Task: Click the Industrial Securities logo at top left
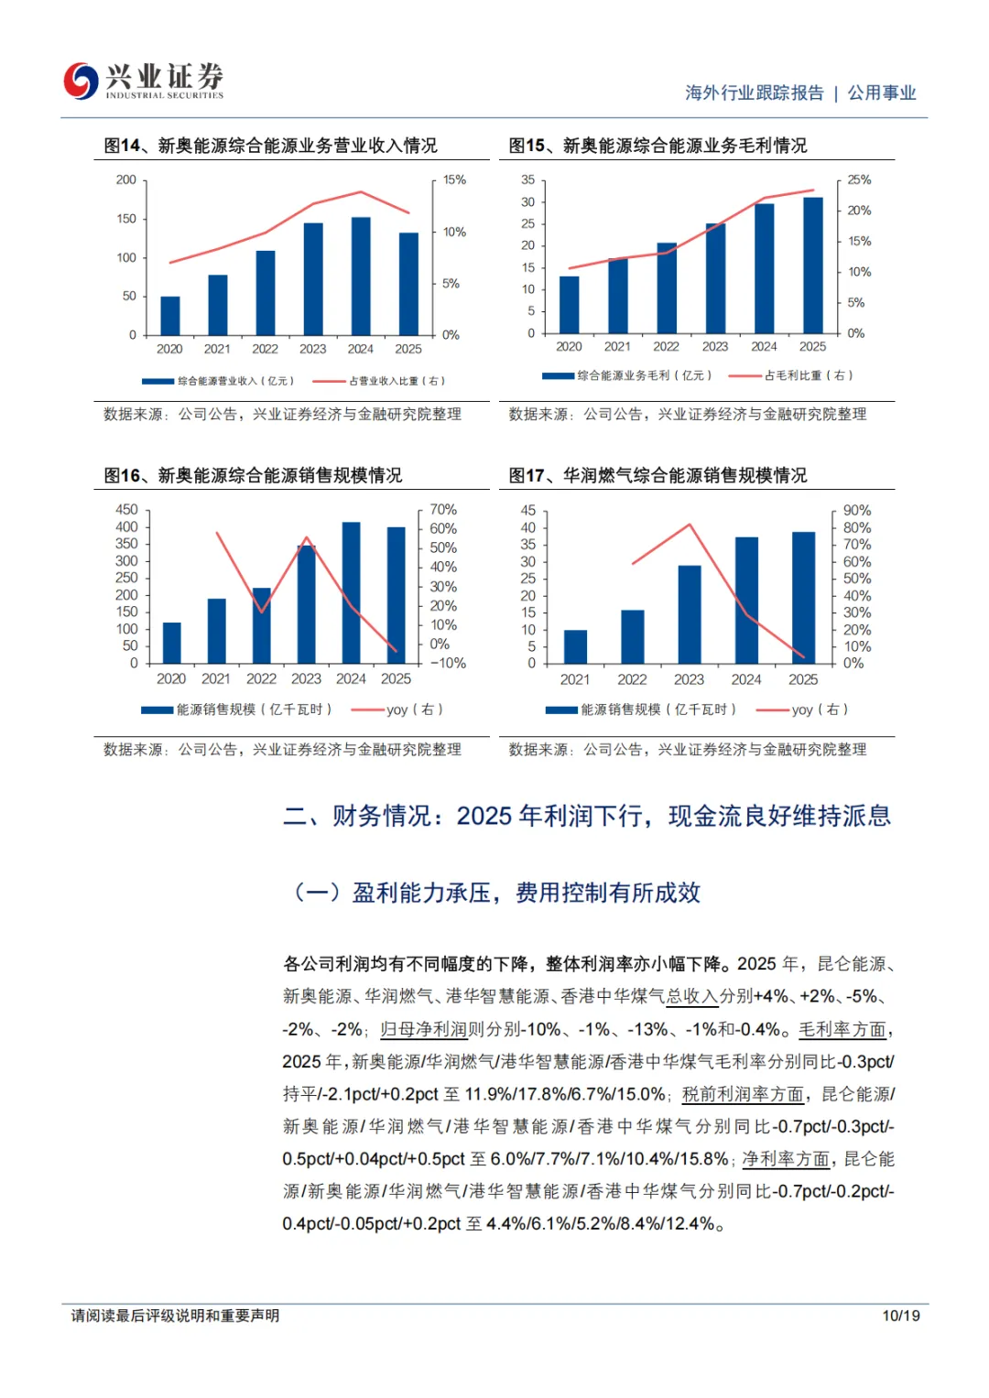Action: click(x=143, y=81)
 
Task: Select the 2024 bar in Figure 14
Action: click(x=361, y=276)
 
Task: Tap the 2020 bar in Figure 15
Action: click(x=569, y=304)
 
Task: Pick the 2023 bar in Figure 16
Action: click(x=306, y=603)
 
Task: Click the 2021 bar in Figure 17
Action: click(x=575, y=646)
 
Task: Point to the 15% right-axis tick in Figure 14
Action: click(x=454, y=180)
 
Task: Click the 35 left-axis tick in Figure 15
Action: click(x=528, y=180)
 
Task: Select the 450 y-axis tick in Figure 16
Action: click(x=126, y=510)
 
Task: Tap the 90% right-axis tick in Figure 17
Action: click(x=857, y=511)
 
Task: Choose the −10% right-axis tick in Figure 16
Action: click(x=448, y=663)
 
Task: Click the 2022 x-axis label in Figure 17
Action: click(x=632, y=679)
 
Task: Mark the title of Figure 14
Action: click(x=270, y=146)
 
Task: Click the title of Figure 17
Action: click(x=658, y=475)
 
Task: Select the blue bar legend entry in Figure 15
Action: click(x=626, y=375)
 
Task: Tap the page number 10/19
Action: click(x=901, y=1316)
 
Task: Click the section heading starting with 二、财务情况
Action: click(x=586, y=816)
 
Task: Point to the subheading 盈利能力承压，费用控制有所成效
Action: click(x=526, y=893)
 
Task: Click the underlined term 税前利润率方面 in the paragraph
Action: click(x=743, y=1094)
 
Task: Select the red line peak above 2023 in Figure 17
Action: click(x=690, y=525)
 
